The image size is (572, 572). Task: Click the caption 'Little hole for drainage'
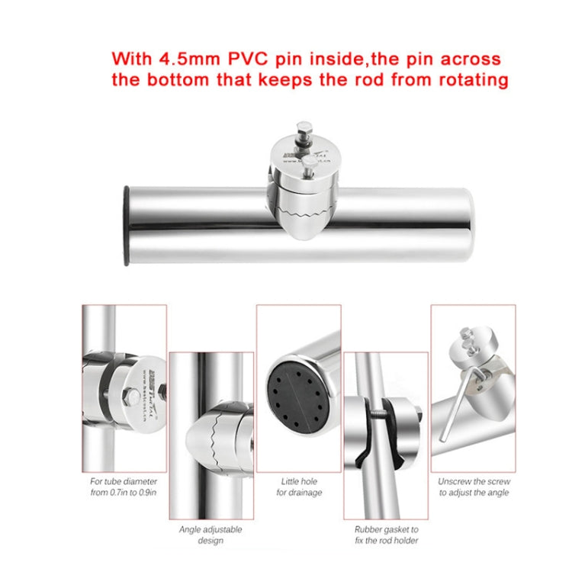(x=298, y=487)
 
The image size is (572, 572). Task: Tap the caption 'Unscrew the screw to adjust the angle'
(x=474, y=487)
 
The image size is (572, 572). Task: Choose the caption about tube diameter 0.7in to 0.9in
(x=123, y=487)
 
